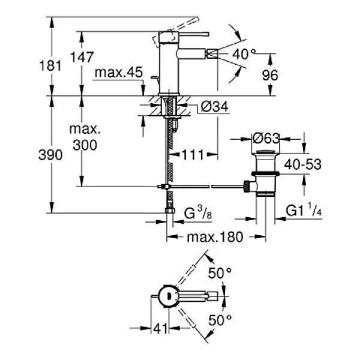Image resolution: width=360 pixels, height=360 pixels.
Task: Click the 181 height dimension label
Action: click(x=50, y=65)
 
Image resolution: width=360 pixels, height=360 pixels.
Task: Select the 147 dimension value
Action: click(x=82, y=57)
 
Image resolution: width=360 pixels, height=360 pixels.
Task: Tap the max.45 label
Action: click(x=119, y=73)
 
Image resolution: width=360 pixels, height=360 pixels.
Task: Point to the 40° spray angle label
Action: click(x=244, y=55)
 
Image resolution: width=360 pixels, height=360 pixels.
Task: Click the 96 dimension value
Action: click(x=270, y=75)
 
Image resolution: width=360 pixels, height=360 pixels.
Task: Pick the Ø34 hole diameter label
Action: click(x=215, y=107)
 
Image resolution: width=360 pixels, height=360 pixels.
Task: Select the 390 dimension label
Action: click(x=50, y=155)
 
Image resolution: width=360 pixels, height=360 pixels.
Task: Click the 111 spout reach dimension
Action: click(x=193, y=155)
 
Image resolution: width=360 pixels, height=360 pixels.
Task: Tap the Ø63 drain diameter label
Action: click(x=266, y=139)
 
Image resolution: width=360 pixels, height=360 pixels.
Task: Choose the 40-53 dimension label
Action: click(x=302, y=164)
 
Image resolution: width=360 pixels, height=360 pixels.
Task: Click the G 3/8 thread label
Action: click(x=198, y=212)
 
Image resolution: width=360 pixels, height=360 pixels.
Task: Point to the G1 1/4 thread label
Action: click(x=304, y=209)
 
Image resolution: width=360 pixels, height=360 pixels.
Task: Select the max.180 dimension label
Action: click(x=215, y=237)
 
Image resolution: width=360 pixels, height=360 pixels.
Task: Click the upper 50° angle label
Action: click(x=220, y=273)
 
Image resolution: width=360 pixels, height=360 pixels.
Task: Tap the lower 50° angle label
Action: click(x=220, y=320)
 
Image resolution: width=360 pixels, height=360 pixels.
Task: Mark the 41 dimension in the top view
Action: click(x=160, y=329)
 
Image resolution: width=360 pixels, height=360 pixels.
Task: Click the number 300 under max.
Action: click(x=85, y=145)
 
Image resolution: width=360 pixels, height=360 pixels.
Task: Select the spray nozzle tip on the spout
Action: click(x=212, y=54)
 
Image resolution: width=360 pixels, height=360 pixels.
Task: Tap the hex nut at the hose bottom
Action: click(x=170, y=211)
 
